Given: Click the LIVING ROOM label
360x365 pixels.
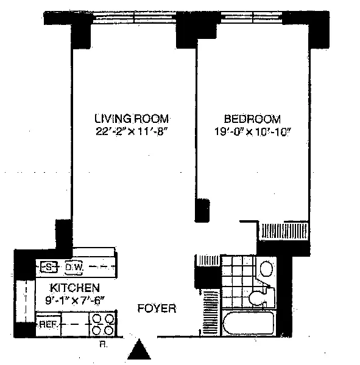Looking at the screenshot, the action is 132,119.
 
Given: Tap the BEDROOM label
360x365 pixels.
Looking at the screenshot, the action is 252,119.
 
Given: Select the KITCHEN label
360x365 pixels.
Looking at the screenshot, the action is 75,288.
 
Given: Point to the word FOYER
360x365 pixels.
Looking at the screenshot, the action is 157,308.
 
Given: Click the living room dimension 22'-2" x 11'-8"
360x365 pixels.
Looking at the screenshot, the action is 132,131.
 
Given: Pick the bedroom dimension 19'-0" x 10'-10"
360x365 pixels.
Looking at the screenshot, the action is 253,132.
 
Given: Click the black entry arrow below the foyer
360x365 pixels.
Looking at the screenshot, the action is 139,349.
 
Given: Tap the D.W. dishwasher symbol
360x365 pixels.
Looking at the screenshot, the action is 74,267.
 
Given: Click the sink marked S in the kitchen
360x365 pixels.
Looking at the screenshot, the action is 49,267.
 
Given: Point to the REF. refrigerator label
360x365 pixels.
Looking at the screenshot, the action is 48,324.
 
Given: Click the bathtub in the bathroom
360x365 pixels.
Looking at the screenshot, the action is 249,323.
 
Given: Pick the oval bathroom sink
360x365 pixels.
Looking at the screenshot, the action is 266,268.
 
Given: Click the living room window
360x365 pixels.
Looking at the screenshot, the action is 134,18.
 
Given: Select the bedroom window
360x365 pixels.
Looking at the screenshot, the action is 252,18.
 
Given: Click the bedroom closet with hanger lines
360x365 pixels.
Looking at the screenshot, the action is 284,231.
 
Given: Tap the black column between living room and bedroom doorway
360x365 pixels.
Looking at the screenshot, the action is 202,210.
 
